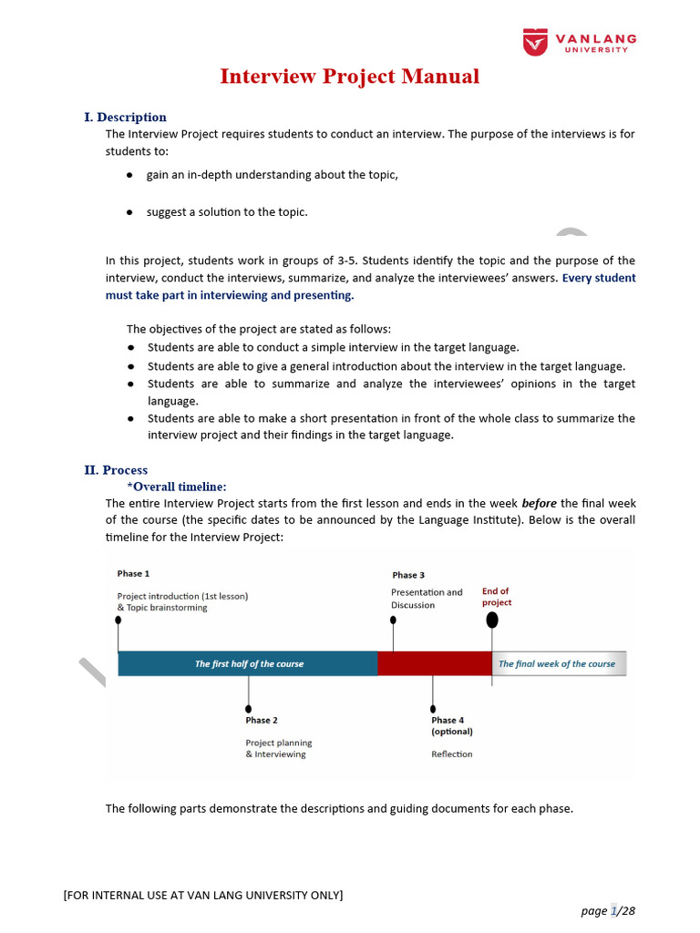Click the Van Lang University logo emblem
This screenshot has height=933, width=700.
(x=535, y=42)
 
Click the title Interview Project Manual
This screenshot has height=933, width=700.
(x=349, y=77)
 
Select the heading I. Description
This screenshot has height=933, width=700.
(x=125, y=117)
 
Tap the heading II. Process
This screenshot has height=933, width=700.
(x=116, y=470)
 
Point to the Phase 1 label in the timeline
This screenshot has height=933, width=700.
(x=133, y=573)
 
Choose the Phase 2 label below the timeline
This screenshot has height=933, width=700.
(x=262, y=720)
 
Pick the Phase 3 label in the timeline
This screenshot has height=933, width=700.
(x=408, y=575)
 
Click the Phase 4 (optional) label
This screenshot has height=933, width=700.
(x=451, y=725)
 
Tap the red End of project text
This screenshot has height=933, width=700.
(x=497, y=597)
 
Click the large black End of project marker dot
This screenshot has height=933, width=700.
(x=492, y=620)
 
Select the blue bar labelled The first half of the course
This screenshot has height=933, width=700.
(x=248, y=663)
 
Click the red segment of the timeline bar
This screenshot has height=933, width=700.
(x=435, y=663)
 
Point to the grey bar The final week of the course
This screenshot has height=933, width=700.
(x=558, y=663)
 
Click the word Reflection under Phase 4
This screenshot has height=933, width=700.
(x=451, y=754)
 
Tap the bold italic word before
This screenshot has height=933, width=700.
(x=539, y=503)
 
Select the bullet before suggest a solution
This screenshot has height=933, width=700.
(x=129, y=212)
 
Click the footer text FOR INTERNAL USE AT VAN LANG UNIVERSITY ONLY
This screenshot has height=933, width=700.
(x=202, y=895)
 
